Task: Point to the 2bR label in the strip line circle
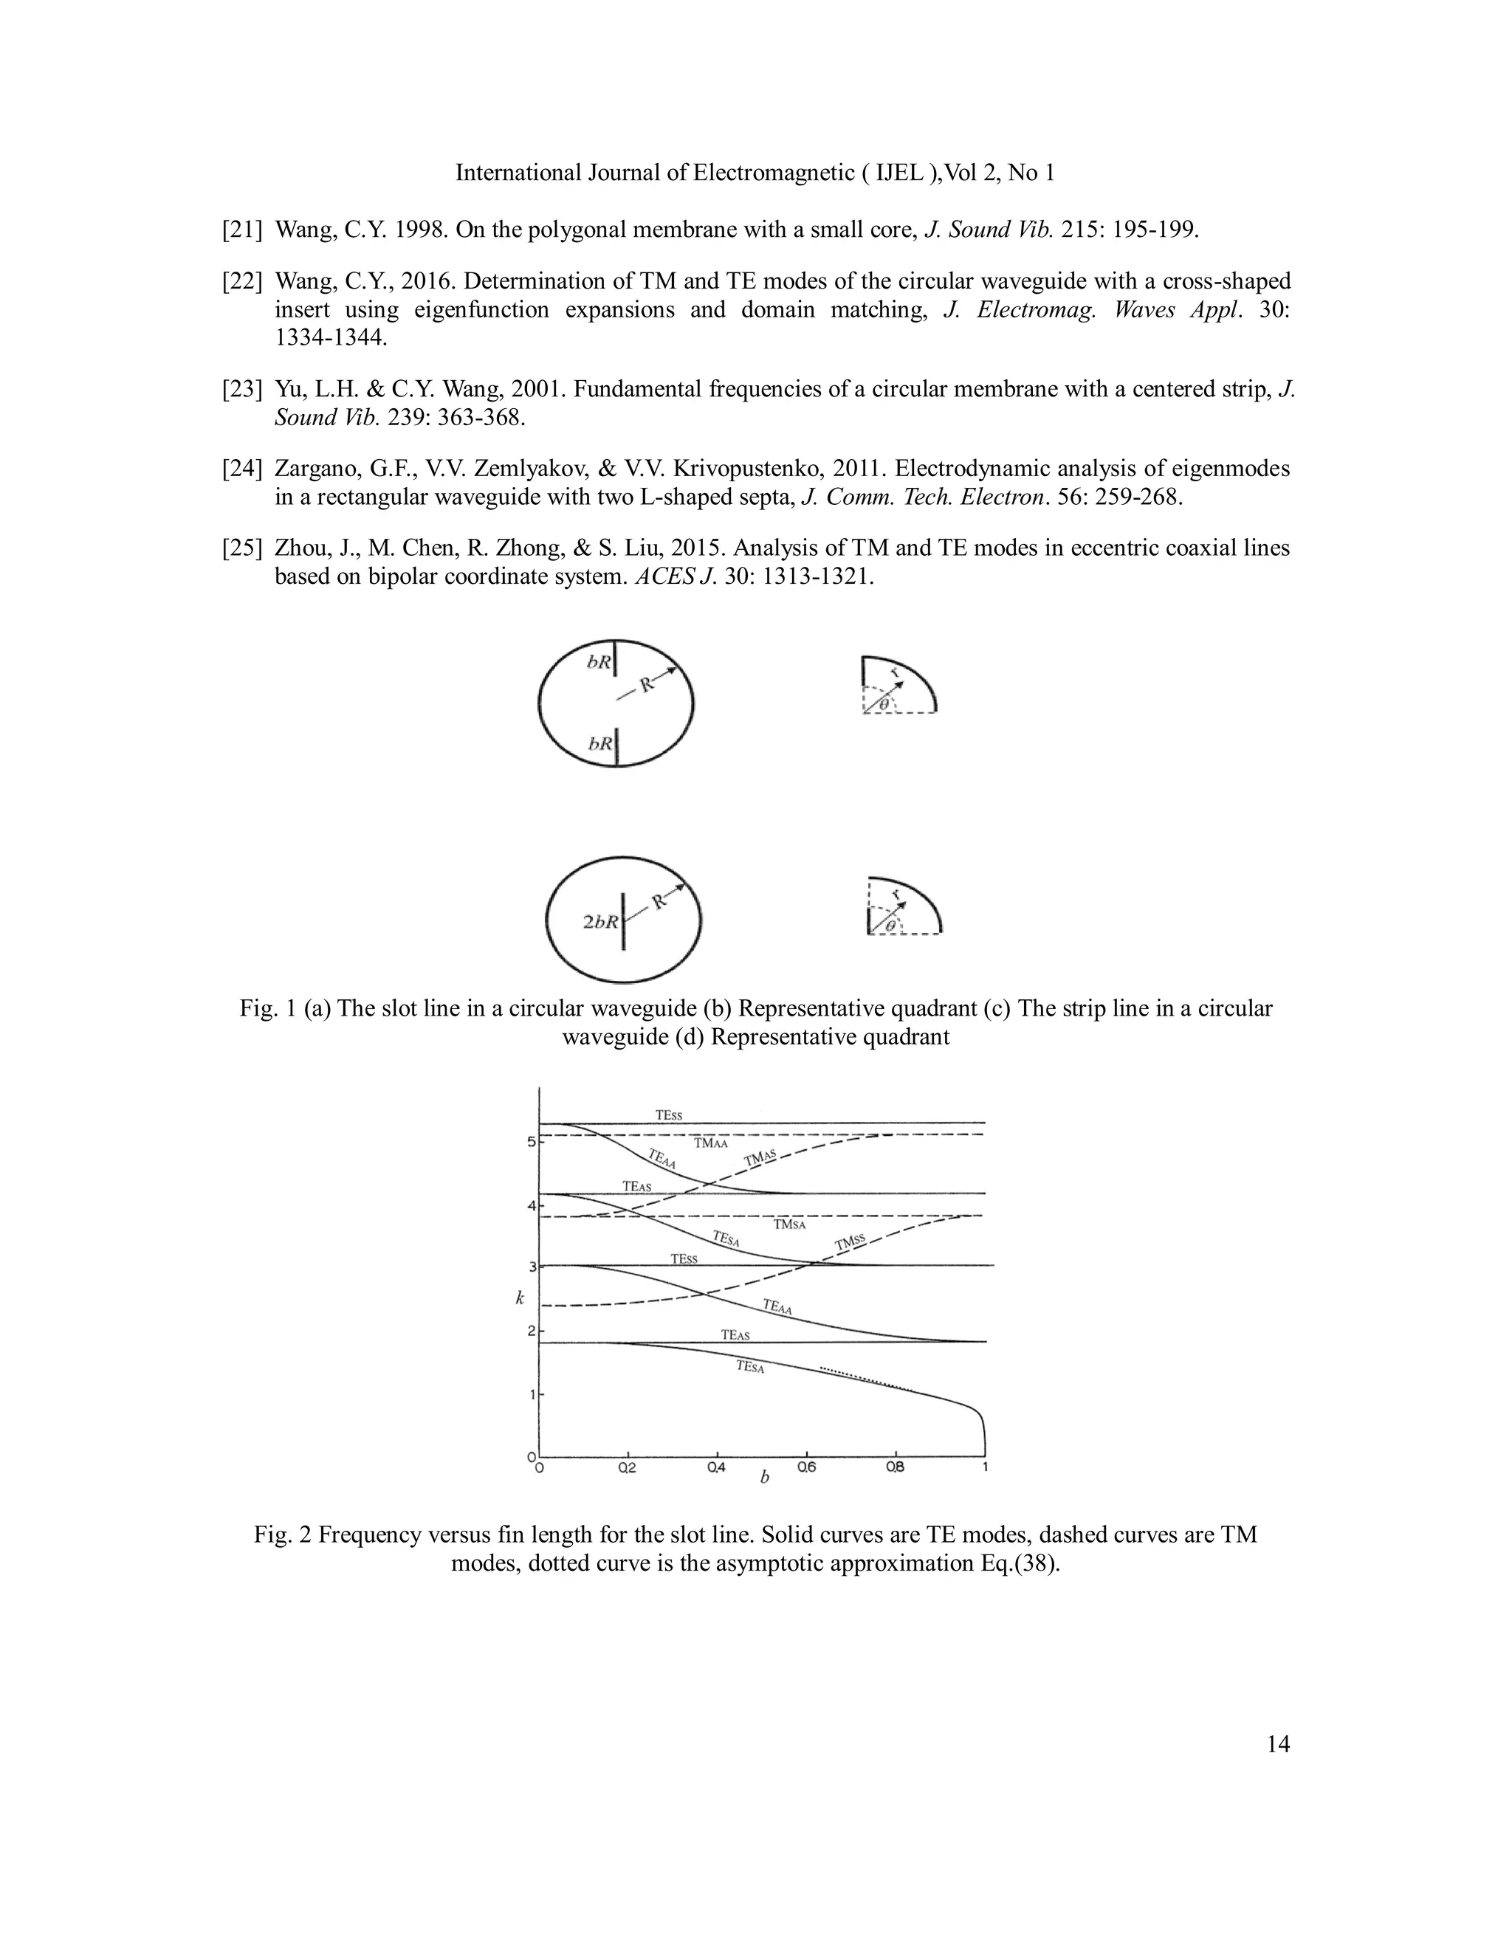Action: (x=600, y=922)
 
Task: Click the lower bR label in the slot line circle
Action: (x=600, y=743)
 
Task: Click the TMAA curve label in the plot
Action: (x=711, y=1143)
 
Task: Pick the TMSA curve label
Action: (x=790, y=1224)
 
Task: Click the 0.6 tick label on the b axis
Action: (x=806, y=1467)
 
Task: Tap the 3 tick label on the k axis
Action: (x=532, y=1267)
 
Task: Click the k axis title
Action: (x=520, y=1298)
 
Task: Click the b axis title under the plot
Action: (x=764, y=1478)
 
